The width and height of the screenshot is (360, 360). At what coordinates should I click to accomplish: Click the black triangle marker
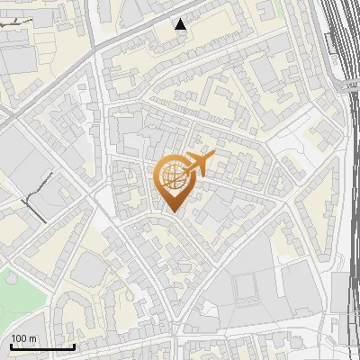coord(182,24)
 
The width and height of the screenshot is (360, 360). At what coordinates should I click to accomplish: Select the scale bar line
coord(43,346)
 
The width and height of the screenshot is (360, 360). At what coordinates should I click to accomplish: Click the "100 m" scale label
coord(24,338)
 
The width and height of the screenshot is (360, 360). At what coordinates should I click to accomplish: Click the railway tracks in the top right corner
coord(337,36)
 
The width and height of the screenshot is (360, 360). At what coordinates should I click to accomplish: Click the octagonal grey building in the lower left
coord(87,268)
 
